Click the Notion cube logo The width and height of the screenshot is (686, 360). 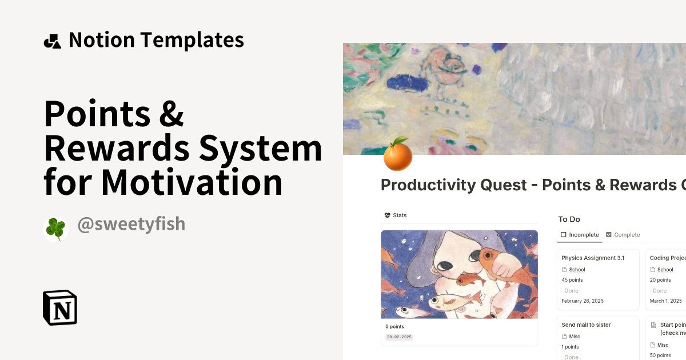click(60, 307)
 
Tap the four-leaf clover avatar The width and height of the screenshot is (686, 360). click(56, 229)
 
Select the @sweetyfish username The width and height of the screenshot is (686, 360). click(131, 224)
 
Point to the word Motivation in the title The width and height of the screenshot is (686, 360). click(192, 182)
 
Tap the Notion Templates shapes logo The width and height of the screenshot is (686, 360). click(53, 41)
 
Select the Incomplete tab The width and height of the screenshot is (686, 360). click(580, 235)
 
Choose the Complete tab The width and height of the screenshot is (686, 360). click(623, 235)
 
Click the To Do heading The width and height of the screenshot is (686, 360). click(569, 219)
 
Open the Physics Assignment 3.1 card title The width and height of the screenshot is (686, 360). click(593, 258)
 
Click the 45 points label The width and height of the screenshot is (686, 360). click(572, 280)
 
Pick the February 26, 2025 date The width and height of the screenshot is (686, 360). click(583, 301)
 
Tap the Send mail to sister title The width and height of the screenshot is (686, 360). click(586, 325)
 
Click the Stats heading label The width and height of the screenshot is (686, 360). click(400, 215)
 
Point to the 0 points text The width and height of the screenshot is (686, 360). click(394, 327)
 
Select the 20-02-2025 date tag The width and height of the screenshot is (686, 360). click(400, 337)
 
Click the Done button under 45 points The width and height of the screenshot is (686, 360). click(572, 291)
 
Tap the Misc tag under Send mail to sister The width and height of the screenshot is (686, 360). click(575, 337)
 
